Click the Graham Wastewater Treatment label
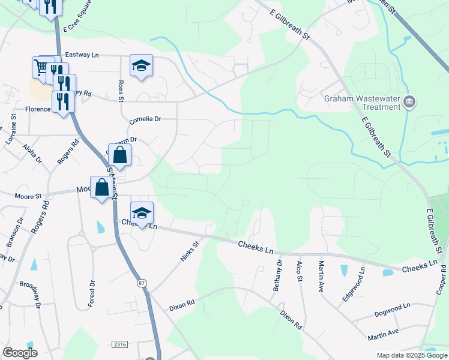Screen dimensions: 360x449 [362, 103]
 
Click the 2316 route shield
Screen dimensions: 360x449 [119, 344]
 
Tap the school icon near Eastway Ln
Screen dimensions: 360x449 [141, 65]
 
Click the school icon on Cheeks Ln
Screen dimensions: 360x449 [142, 213]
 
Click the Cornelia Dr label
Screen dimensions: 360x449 [145, 119]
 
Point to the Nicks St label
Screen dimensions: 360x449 [190, 252]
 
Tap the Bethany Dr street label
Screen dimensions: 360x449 [277, 275]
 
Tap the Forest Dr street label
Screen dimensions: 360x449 [92, 294]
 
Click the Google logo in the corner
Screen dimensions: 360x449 [20, 353]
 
